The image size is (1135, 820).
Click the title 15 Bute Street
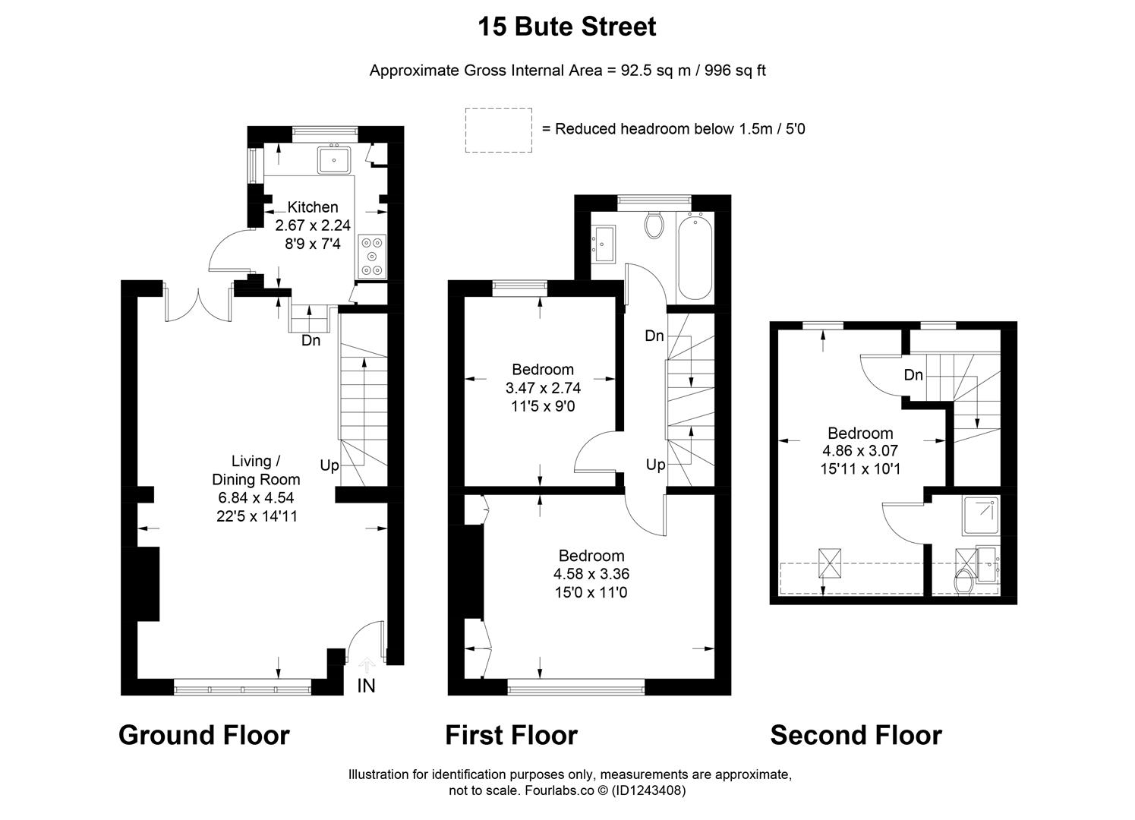[566, 27]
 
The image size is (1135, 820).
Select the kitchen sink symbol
[334, 160]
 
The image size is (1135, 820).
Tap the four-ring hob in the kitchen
[371, 256]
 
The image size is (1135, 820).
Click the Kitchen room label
[313, 207]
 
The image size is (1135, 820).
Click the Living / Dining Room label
[256, 470]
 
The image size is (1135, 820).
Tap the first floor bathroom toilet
[654, 223]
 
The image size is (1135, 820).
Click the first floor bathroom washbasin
[605, 244]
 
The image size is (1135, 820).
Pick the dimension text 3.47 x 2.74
[543, 388]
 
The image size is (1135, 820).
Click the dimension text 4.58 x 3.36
[591, 574]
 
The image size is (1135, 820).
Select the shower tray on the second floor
[979, 516]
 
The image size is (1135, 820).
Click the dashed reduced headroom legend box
[498, 130]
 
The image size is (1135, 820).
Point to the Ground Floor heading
[204, 735]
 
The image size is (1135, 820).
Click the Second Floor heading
[856, 735]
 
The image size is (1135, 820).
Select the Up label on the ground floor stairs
[329, 465]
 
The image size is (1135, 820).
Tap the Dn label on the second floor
[913, 375]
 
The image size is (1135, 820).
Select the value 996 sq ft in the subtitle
[735, 71]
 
